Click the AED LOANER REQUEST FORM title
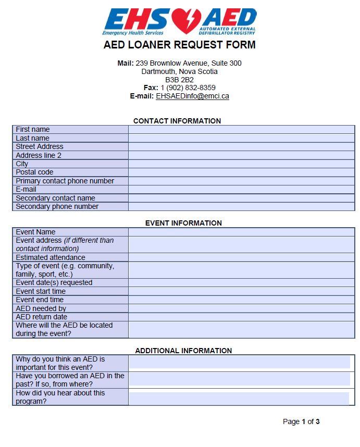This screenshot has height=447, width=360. click(180, 45)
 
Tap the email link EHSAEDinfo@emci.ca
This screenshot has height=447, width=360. click(192, 96)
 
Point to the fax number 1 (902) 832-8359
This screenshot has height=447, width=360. click(188, 88)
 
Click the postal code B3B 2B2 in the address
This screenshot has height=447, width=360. click(180, 80)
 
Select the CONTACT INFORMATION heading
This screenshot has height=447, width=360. click(177, 121)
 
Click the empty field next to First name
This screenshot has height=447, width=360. click(241, 130)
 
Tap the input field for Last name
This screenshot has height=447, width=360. click(241, 138)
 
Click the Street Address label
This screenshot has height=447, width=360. click(40, 147)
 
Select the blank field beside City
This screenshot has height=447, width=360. click(241, 164)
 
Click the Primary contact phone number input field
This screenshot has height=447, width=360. click(241, 181)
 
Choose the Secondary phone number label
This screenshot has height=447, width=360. click(57, 206)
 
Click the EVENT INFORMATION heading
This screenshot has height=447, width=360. click(183, 223)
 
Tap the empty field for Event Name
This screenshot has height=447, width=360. click(241, 232)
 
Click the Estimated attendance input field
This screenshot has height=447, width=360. click(241, 257)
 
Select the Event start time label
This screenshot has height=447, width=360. click(41, 291)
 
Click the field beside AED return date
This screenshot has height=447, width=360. click(241, 317)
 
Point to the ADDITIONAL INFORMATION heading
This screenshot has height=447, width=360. click(183, 351)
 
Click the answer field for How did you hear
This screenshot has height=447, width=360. click(239, 398)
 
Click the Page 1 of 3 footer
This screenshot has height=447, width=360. click(301, 421)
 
